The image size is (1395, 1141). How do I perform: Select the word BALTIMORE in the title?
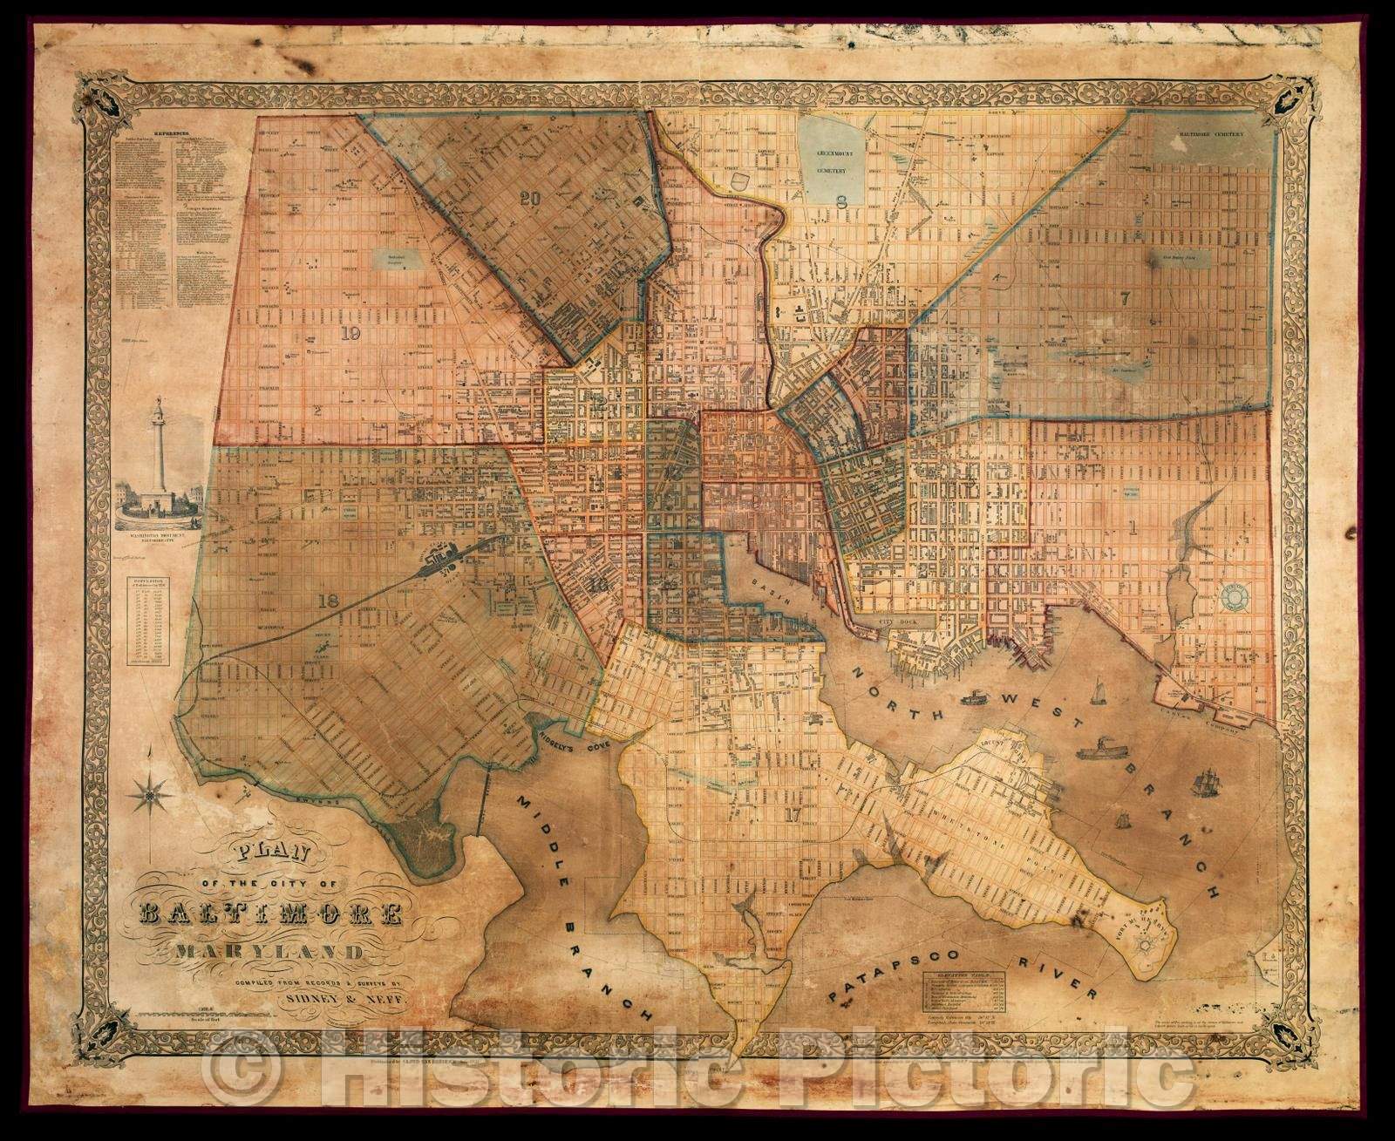(270, 914)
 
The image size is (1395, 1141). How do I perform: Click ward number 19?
(351, 332)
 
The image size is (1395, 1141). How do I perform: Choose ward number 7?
(1125, 297)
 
